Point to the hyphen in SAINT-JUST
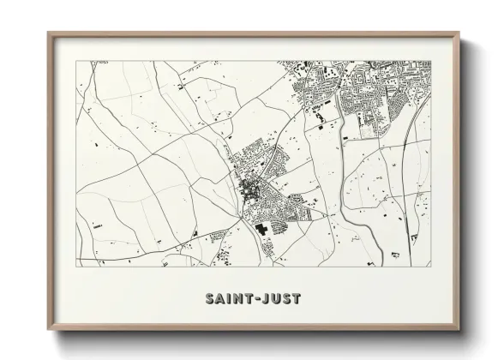(x=255, y=299)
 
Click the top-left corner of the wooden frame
(x=48, y=33)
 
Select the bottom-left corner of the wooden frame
(x=48, y=329)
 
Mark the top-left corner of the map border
(x=76, y=61)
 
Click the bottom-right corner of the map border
(x=431, y=267)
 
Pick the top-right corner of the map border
(x=431, y=61)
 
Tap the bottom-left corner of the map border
(x=76, y=267)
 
